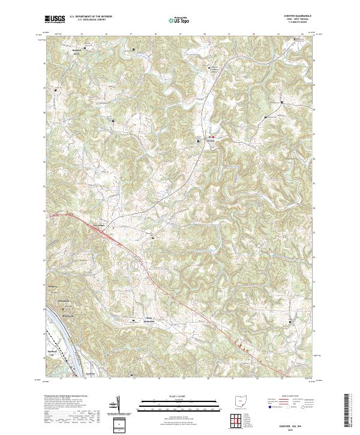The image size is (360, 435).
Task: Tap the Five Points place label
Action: click(x=98, y=226)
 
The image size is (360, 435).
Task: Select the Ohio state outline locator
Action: click(x=242, y=400)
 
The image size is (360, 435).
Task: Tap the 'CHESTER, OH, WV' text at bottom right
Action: click(x=302, y=424)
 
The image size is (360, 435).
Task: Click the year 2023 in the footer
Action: click(x=302, y=428)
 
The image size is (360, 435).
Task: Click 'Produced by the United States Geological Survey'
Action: click(x=68, y=397)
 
